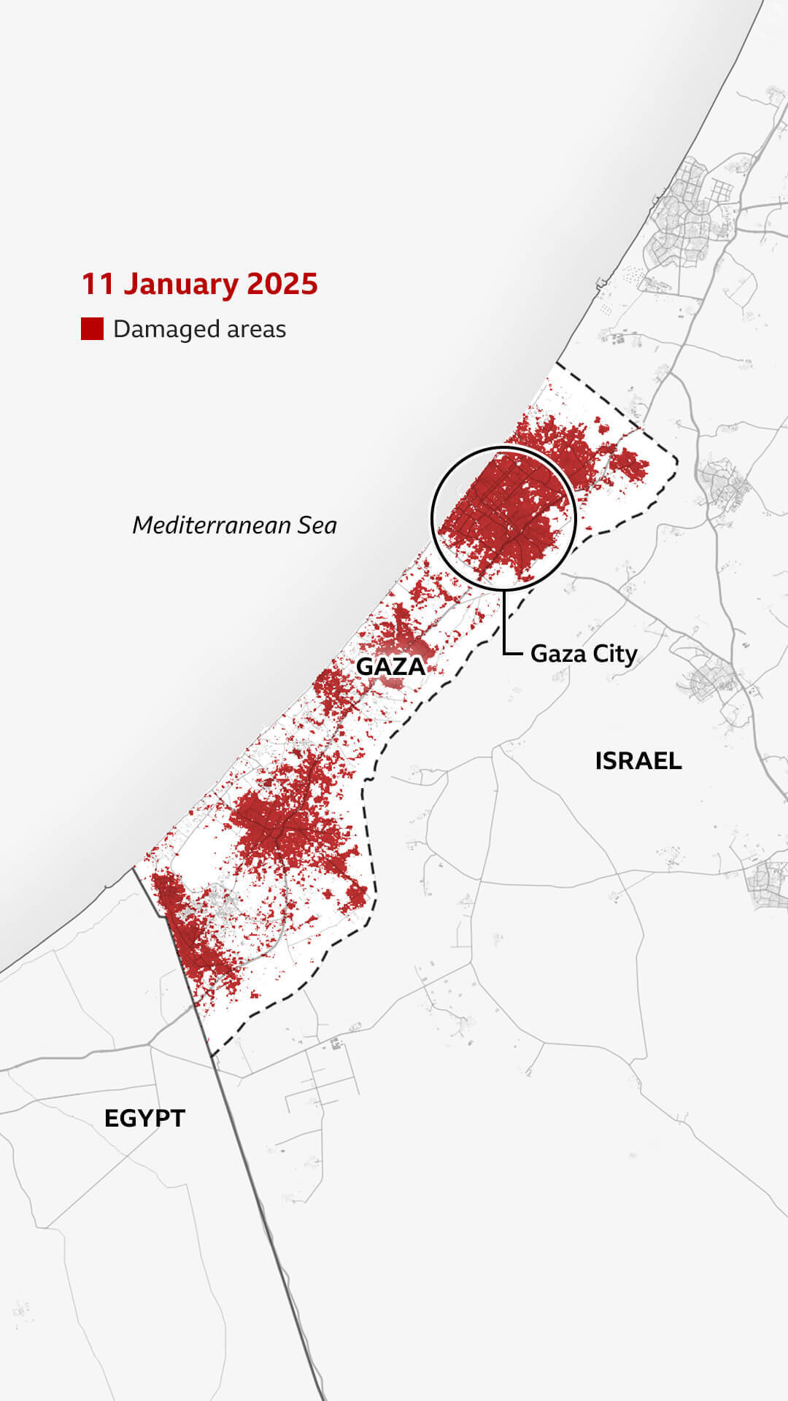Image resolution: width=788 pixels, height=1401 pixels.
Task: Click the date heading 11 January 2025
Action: pyautogui.click(x=199, y=284)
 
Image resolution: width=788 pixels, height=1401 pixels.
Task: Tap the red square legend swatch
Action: pyautogui.click(x=92, y=329)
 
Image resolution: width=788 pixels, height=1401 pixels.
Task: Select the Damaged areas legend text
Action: pyautogui.click(x=199, y=329)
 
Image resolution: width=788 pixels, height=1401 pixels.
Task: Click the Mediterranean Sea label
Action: pyautogui.click(x=234, y=525)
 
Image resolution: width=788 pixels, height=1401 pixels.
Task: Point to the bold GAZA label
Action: pyautogui.click(x=390, y=666)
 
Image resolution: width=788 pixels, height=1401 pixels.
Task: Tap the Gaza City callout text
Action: pyautogui.click(x=584, y=653)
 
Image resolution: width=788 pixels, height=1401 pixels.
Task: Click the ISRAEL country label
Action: pyautogui.click(x=638, y=761)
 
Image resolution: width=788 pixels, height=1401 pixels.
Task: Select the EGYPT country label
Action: pyautogui.click(x=144, y=1119)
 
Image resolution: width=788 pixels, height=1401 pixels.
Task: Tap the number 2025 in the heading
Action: pyautogui.click(x=282, y=284)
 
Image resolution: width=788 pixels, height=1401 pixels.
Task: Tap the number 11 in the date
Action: pyautogui.click(x=98, y=284)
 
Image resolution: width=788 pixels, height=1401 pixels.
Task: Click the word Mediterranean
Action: pyautogui.click(x=212, y=525)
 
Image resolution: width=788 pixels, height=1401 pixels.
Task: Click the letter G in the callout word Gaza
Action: pyautogui.click(x=538, y=653)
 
